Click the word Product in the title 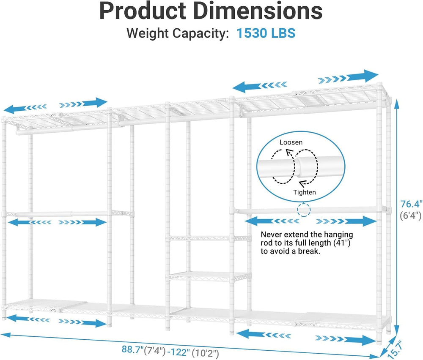pos(143,11)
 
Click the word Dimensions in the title pos(258,11)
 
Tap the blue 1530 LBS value pos(266,33)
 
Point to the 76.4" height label pos(411,204)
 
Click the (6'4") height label pos(410,215)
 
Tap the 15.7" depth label pos(396,349)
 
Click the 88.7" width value pos(132,349)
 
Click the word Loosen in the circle pos(291,142)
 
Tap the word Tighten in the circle pos(304,192)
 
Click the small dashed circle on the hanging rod pos(304,210)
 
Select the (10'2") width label pos(205,353)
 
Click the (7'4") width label pos(155,351)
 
